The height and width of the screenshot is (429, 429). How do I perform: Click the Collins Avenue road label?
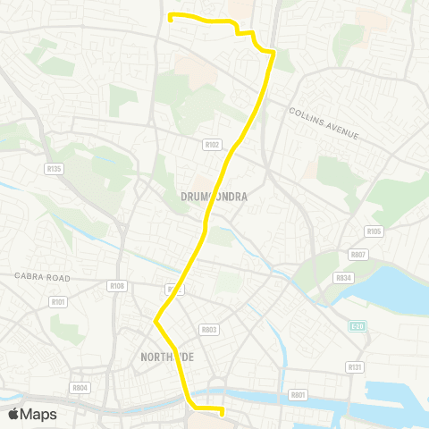(x=324, y=122)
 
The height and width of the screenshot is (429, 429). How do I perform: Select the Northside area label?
(x=167, y=357)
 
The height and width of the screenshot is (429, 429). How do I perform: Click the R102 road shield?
(x=212, y=144)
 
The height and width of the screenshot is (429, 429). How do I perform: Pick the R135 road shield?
(x=54, y=168)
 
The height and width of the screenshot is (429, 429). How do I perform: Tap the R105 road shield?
(x=374, y=231)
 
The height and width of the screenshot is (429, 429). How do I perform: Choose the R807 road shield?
(x=358, y=255)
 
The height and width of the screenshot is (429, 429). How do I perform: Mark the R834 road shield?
(x=343, y=278)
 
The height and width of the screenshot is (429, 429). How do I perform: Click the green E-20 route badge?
(x=357, y=325)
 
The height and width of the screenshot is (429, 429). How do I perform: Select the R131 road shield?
(x=355, y=366)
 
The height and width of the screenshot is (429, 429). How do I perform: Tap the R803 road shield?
(x=210, y=329)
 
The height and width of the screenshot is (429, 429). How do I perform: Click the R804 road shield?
(x=80, y=387)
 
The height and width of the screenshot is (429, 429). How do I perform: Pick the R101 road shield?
(x=58, y=302)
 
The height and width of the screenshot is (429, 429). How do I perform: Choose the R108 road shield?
(x=116, y=286)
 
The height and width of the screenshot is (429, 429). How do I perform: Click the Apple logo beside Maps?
(x=13, y=414)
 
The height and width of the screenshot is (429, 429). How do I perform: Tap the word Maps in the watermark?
(x=38, y=414)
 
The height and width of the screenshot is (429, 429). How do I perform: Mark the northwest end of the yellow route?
(x=170, y=15)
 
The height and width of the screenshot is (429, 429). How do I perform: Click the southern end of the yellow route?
(x=221, y=412)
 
